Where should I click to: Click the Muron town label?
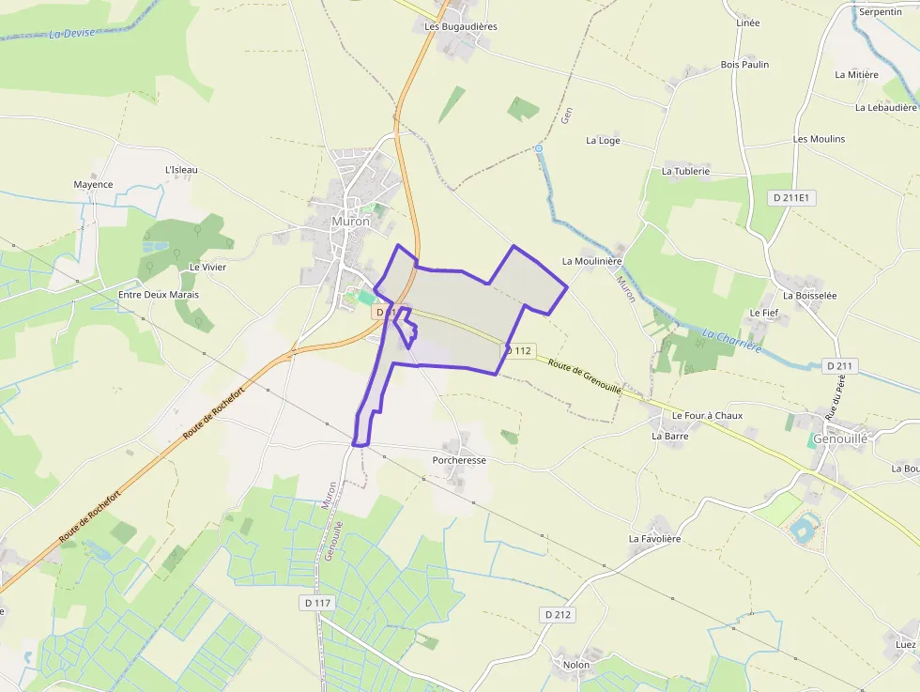point(351,223)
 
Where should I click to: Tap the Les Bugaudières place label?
point(461,27)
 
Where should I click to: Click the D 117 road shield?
point(319,602)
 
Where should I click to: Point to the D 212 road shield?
point(558,614)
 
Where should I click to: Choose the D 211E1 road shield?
point(793,198)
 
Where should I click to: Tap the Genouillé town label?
point(841,438)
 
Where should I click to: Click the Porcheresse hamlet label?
point(459,461)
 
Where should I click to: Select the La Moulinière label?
point(593,261)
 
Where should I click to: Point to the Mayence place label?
point(93,185)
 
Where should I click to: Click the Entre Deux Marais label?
point(159,295)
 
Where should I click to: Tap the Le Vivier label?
point(207,268)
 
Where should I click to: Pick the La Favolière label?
point(654,540)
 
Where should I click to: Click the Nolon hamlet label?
point(576,665)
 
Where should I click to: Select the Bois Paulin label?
point(744,65)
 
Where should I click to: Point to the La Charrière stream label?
point(731,341)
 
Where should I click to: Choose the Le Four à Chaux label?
point(707,416)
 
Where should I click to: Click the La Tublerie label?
point(685,172)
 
